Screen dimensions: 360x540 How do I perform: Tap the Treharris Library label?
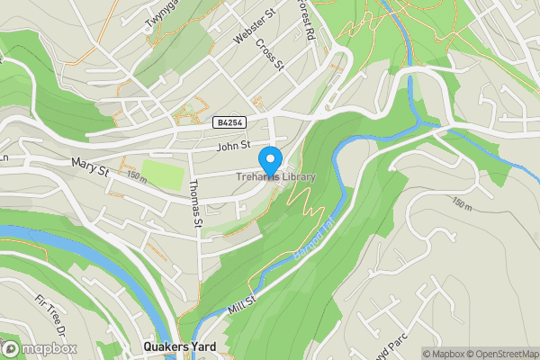(x=276, y=177)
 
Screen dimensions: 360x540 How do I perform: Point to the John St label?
(x=231, y=147)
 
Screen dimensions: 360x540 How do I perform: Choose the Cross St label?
(x=269, y=54)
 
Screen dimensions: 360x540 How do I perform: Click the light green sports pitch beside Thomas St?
(x=161, y=173)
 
